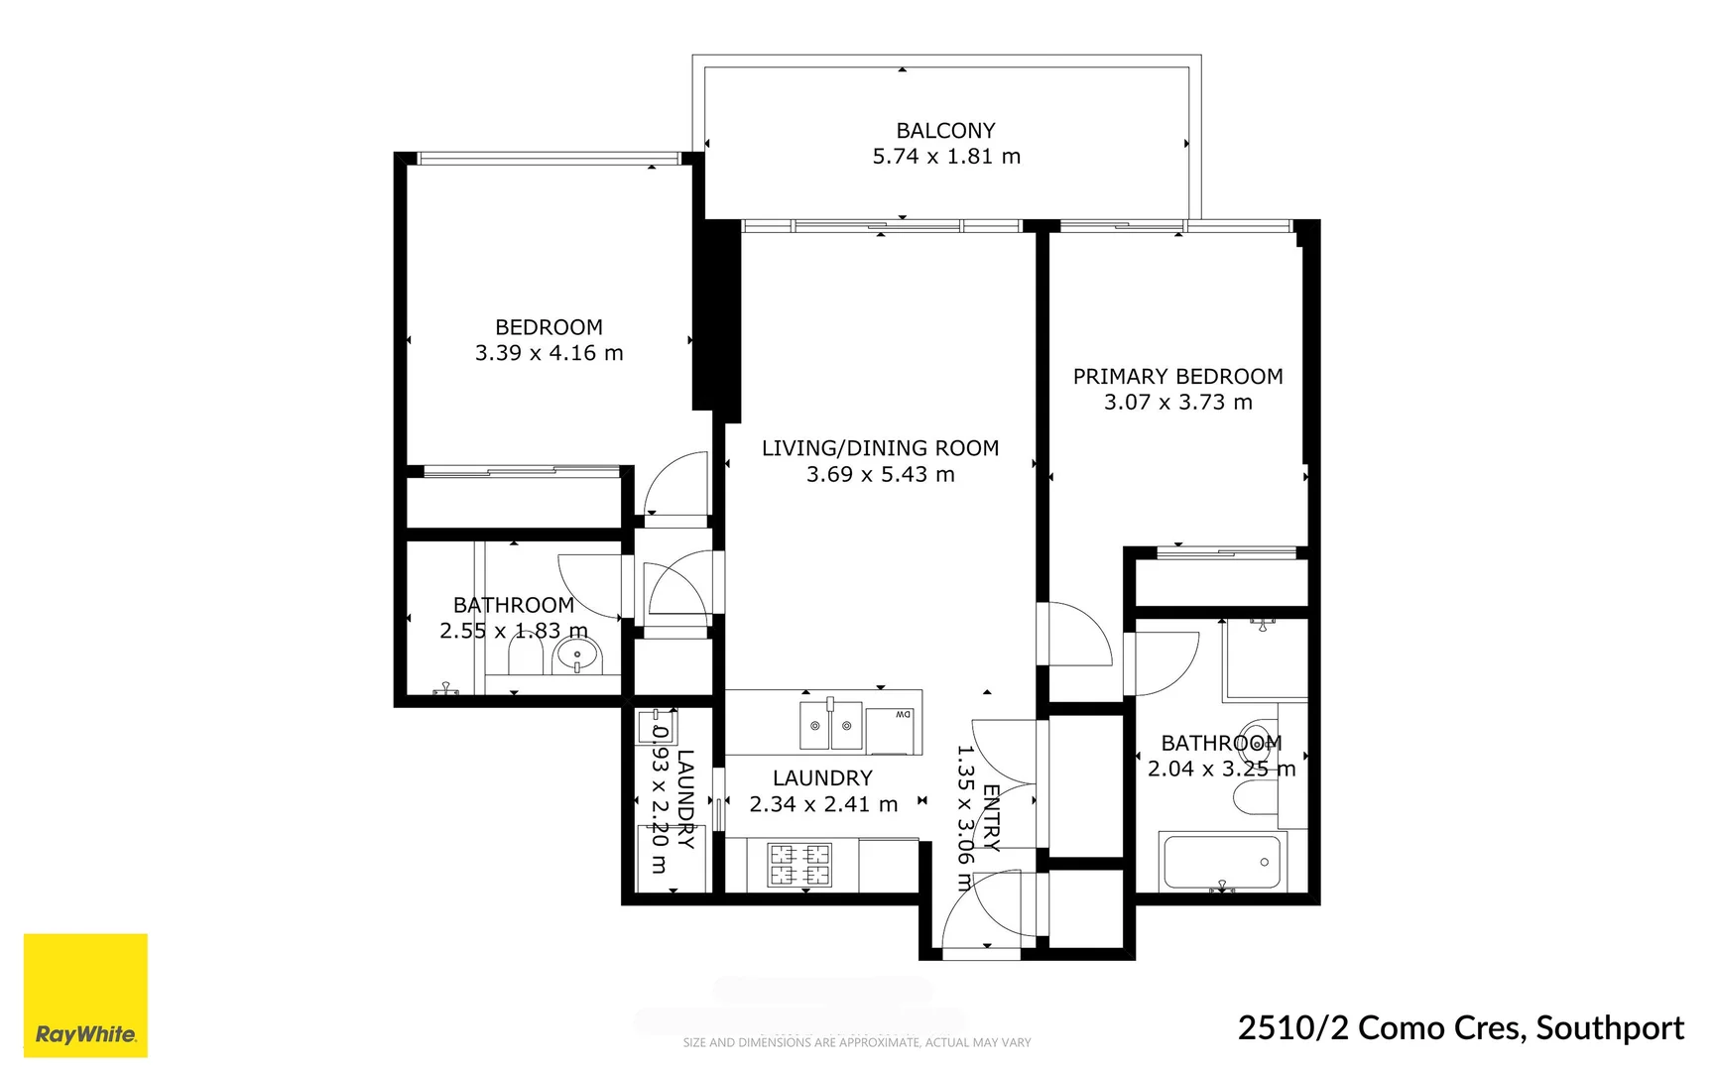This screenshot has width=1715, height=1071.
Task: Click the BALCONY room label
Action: click(x=945, y=131)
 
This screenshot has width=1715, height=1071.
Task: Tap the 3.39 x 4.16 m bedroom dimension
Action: click(x=549, y=353)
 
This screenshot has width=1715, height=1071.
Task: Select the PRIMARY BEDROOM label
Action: click(x=1177, y=377)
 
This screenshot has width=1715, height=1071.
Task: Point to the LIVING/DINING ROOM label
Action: click(x=880, y=448)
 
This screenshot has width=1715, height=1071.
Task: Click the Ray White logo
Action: click(x=85, y=995)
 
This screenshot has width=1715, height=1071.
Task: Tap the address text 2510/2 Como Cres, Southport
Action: click(x=1460, y=1028)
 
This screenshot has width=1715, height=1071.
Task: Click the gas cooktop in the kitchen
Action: click(x=799, y=864)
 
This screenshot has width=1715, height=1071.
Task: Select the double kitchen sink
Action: click(x=831, y=726)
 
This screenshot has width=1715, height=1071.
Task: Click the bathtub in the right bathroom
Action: click(x=1222, y=862)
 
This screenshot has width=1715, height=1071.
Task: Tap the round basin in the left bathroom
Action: click(x=577, y=655)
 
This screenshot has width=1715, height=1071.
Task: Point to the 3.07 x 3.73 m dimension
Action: click(x=1177, y=403)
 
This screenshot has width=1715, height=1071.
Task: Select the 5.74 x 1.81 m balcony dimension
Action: click(x=945, y=157)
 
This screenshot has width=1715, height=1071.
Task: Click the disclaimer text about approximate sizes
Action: click(x=857, y=1042)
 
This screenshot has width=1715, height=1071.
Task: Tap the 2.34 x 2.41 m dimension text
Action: click(x=823, y=804)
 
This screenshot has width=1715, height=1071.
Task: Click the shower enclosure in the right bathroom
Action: click(x=1266, y=659)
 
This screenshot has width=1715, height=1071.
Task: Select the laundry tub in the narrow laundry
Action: click(x=656, y=727)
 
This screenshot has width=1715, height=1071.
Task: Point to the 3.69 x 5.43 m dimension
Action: click(x=880, y=475)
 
